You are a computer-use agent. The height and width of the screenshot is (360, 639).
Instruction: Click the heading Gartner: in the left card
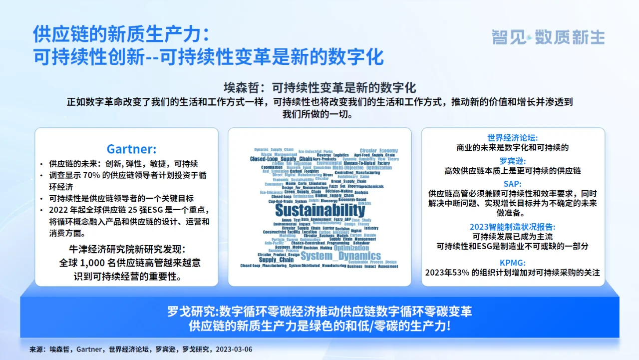[x=131, y=149]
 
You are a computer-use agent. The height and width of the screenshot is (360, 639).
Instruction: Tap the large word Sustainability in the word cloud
[x=320, y=210]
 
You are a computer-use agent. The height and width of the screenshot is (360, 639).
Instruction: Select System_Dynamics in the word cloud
[x=340, y=256]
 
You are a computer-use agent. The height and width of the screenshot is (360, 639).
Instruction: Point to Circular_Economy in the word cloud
[x=378, y=150]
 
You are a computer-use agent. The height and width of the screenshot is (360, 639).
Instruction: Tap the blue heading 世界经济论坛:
[x=513, y=137]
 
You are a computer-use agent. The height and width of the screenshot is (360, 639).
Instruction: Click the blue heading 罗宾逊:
[x=513, y=161]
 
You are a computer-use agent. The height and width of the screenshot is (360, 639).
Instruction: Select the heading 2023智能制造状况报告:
[x=513, y=227]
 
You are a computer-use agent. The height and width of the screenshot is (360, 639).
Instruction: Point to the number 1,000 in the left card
[x=95, y=263]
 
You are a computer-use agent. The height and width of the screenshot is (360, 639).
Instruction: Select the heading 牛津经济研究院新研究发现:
[x=127, y=249]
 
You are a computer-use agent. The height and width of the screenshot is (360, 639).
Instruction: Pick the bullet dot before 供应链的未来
[x=41, y=164]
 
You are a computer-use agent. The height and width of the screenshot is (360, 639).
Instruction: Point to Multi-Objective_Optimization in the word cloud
[x=369, y=168]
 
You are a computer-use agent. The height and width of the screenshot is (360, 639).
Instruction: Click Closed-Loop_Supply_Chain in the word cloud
[x=281, y=159]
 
